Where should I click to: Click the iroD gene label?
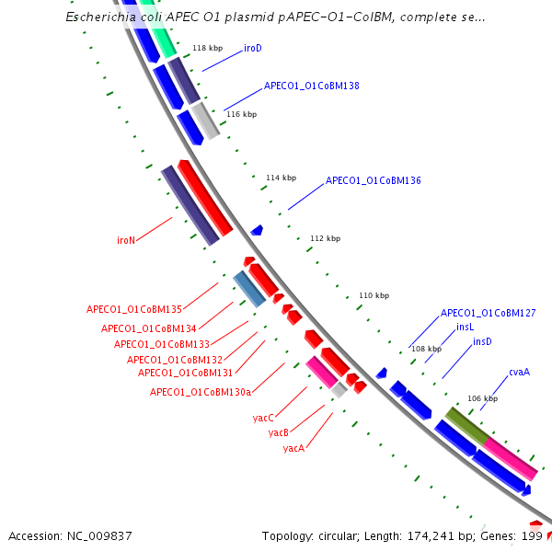253,48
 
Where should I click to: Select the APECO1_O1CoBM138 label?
311,86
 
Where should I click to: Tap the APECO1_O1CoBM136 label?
373,181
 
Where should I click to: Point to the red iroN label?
126,240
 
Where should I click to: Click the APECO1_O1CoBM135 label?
134,309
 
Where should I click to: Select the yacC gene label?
263,418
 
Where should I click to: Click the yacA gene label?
293,449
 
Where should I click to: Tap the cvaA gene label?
519,373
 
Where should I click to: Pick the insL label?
465,327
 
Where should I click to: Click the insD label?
482,341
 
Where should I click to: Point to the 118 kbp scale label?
207,48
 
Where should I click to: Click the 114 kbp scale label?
281,178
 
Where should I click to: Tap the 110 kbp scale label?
374,295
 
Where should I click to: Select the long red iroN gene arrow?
206,198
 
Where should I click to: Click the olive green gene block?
467,426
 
